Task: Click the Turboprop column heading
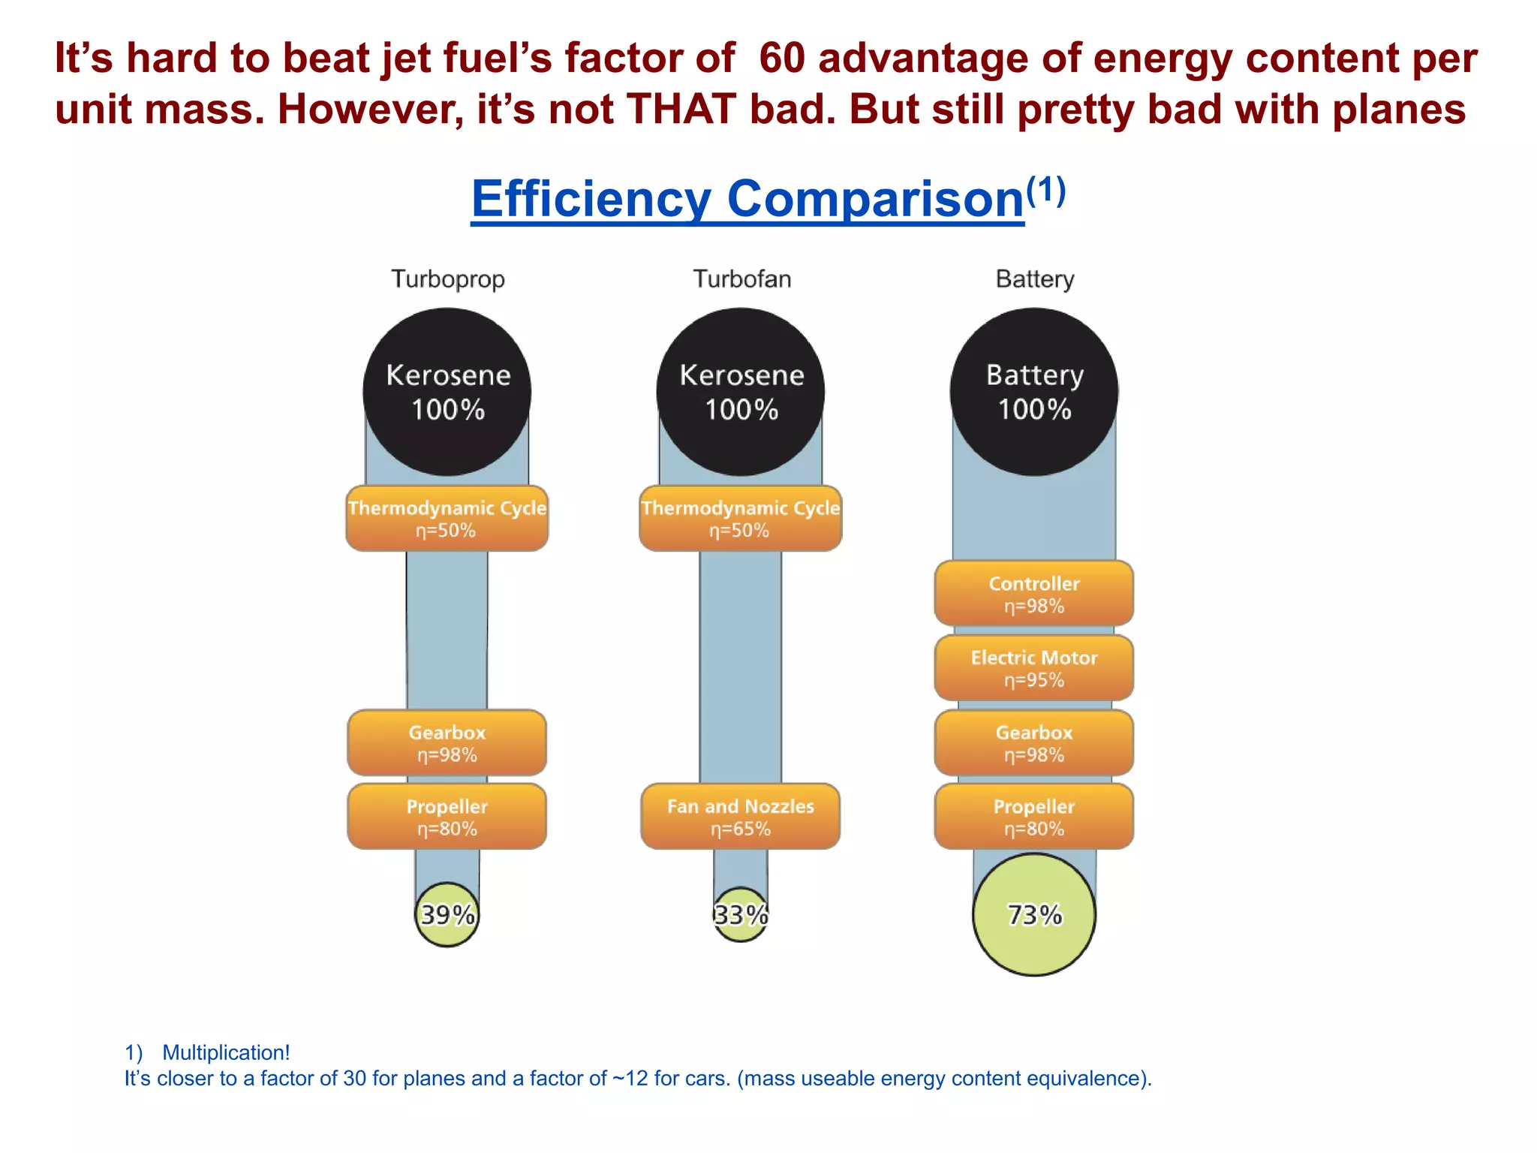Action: coord(448,278)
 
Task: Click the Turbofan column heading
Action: coord(741,278)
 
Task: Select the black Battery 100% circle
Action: coord(1034,392)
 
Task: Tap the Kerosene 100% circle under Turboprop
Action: coord(447,392)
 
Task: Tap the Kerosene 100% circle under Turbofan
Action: coord(741,392)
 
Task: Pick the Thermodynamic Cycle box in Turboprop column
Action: coord(447,519)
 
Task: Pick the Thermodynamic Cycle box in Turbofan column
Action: coord(741,519)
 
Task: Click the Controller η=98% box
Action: coord(1034,594)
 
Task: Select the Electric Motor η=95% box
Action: coord(1034,668)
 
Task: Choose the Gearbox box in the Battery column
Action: coord(1034,743)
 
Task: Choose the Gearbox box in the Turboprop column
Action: coord(447,743)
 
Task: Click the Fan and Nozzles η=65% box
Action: coord(741,817)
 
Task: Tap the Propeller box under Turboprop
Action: coord(447,817)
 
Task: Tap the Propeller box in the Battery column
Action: coord(1034,817)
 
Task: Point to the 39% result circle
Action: coord(447,914)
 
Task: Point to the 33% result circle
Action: coord(741,914)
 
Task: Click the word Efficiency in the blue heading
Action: coord(591,199)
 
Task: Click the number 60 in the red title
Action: coord(782,59)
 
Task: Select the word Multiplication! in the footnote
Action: coord(226,1052)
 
